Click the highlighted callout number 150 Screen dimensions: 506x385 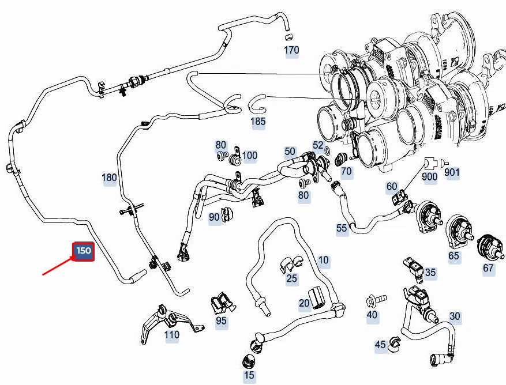coord(84,251)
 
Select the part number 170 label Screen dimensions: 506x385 coord(291,50)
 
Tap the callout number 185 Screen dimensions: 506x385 coord(258,122)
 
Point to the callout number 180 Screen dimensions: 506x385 coord(109,178)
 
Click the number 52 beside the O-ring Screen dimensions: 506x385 coord(318,145)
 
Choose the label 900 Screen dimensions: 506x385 coord(429,177)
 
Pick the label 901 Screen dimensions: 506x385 coord(452,172)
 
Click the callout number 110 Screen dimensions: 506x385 coord(172,335)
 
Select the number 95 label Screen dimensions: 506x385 coord(221,321)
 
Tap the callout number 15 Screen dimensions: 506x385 coord(249,375)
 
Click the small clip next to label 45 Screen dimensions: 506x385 coord(394,344)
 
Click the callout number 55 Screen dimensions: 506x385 coord(342,228)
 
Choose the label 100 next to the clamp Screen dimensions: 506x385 coord(249,156)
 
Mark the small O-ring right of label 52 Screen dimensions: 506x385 coord(327,150)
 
